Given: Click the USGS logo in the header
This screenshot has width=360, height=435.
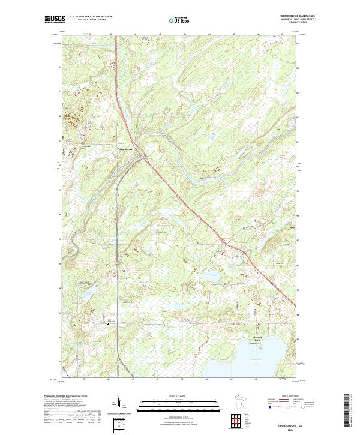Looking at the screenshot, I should click(55, 19).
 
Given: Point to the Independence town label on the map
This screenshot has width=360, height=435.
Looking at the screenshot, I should click(125, 149).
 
